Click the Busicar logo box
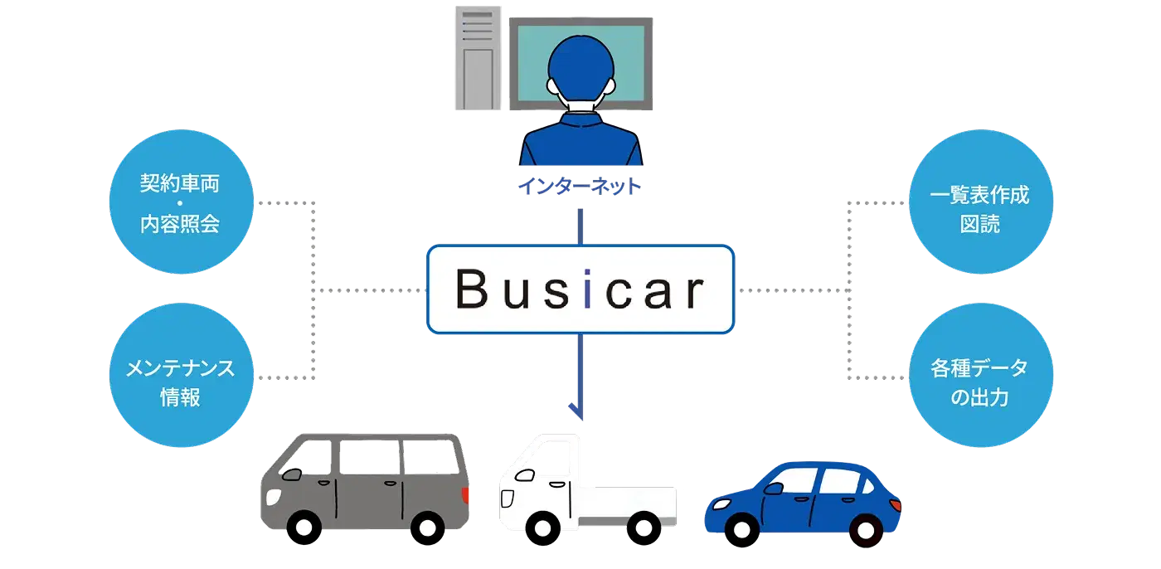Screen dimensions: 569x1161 point(580,289)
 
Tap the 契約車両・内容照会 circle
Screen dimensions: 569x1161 point(180,204)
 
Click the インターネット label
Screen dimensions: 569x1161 point(580,187)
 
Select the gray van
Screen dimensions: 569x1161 point(365,481)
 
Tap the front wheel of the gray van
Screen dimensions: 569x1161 point(303,527)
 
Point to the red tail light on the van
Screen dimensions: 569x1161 point(465,496)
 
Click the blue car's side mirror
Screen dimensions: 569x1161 point(773,489)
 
